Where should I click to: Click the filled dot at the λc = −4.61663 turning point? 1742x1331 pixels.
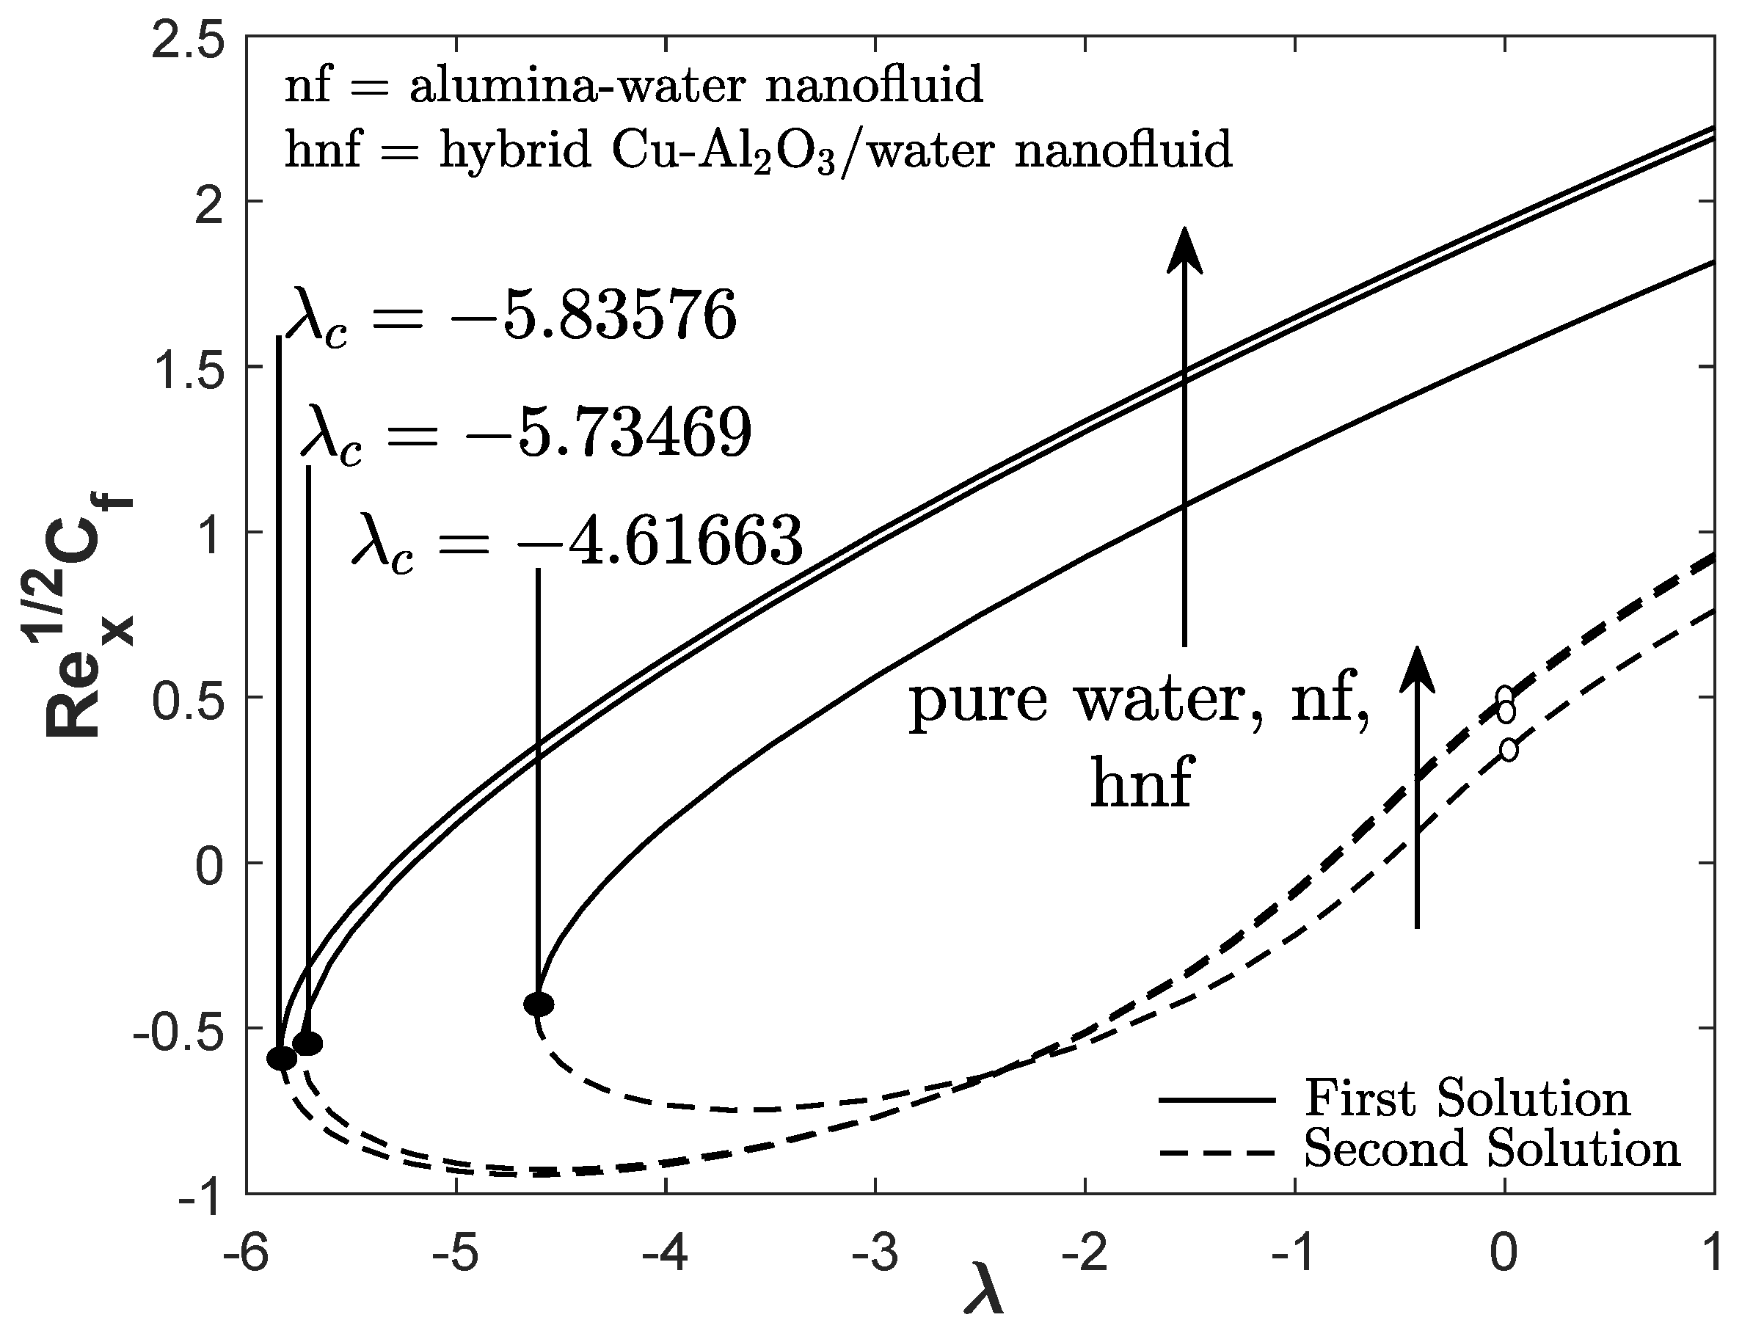[x=539, y=1004]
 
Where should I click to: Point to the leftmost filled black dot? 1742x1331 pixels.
[x=281, y=1057]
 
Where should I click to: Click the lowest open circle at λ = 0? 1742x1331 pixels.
[x=1509, y=749]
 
